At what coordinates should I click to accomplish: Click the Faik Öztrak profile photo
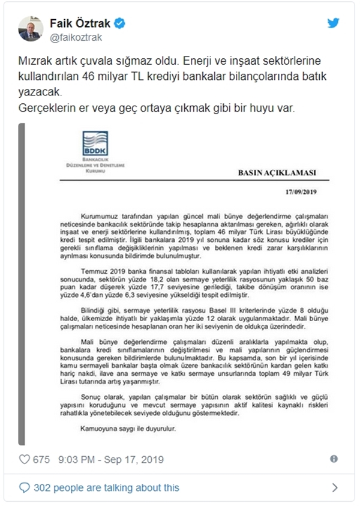pyautogui.click(x=30, y=28)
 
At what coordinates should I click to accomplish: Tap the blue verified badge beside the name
pyautogui.click(x=120, y=24)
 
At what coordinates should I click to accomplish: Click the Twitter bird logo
pyautogui.click(x=333, y=23)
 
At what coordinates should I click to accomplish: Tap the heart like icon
pyautogui.click(x=25, y=459)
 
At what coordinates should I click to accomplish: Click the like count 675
pyautogui.click(x=41, y=459)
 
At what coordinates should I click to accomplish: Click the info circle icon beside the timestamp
pyautogui.click(x=334, y=459)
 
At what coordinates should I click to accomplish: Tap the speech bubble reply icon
pyautogui.click(x=24, y=487)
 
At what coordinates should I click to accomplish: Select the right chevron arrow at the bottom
pyautogui.click(x=334, y=487)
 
